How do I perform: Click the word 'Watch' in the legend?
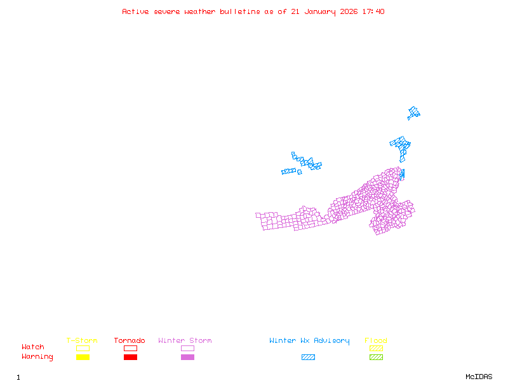pos(33,347)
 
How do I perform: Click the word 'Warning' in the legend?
pos(37,357)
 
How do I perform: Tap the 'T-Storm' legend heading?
pos(82,341)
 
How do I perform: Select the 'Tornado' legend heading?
pos(130,341)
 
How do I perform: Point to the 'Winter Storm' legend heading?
pos(185,341)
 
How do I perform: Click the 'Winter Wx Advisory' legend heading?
pos(309,341)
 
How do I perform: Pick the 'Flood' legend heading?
pos(376,341)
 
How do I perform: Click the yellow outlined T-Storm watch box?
pos(83,348)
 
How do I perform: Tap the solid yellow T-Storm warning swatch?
pos(83,357)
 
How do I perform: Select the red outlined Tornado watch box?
pos(130,348)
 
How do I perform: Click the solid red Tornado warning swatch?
pos(130,357)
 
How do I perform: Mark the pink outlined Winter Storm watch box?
pos(187,348)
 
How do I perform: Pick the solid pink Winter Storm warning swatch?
pos(187,357)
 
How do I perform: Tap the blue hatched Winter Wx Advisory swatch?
pos(308,357)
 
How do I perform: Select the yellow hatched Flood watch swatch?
pos(376,348)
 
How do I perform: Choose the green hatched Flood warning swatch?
pos(376,357)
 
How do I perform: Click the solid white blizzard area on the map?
pos(291,165)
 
